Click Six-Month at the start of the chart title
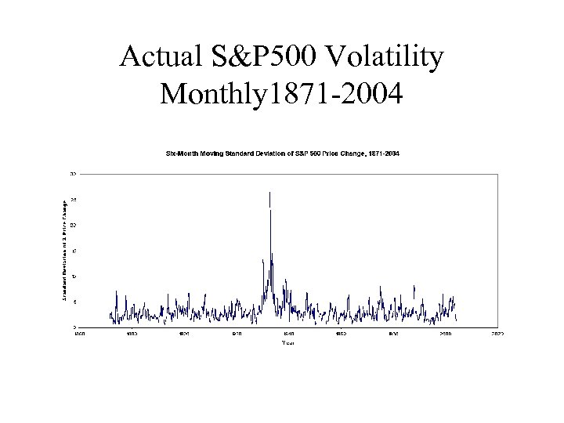pos(181,154)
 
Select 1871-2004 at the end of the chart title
pos(383,154)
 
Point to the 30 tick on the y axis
pos(73,173)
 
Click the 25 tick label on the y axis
pos(73,200)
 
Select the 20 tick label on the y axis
pos(73,225)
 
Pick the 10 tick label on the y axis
pos(73,276)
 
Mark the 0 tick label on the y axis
pos(74,327)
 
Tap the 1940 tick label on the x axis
pos(288,334)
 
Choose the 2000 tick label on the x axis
pos(445,334)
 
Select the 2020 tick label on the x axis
pos(497,334)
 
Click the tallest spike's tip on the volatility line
pos(269,192)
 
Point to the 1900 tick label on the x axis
pos(183,334)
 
